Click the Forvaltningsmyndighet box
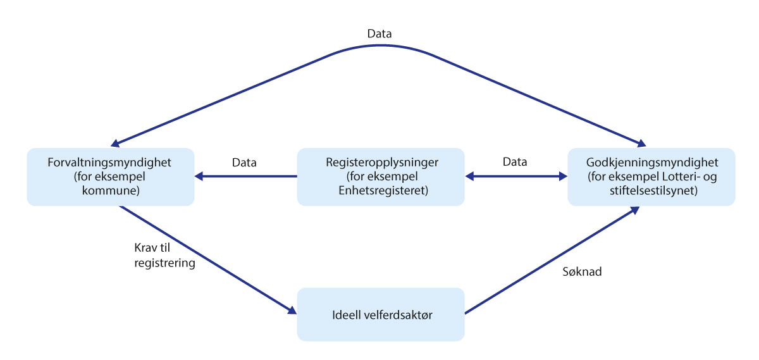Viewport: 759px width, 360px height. (x=110, y=177)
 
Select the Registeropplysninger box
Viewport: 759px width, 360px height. (x=381, y=177)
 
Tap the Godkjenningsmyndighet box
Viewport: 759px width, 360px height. (x=651, y=177)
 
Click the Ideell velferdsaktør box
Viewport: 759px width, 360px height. (x=381, y=314)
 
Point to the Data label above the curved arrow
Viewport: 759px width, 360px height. (x=379, y=34)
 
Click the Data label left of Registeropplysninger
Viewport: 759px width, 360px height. (x=244, y=162)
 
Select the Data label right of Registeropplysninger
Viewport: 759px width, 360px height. (x=515, y=162)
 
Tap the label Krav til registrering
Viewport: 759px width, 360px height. (x=164, y=255)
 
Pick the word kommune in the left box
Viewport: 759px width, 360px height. (x=110, y=190)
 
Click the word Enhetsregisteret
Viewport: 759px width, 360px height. (x=381, y=190)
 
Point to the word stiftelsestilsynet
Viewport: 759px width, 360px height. (x=651, y=190)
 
